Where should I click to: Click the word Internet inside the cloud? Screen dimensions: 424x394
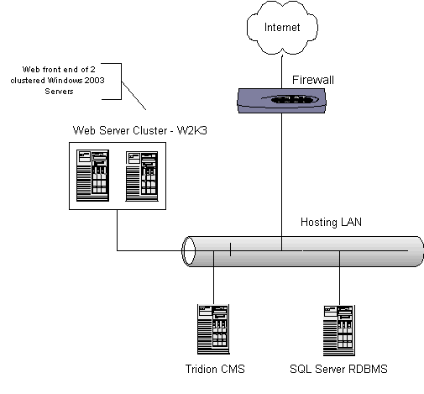pos(282,27)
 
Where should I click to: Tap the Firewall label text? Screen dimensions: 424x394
pos(313,80)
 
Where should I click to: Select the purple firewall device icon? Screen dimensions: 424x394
pos(281,101)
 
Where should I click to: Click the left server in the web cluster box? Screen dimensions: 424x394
pos(92,176)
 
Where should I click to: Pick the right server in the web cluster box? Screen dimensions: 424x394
pos(142,176)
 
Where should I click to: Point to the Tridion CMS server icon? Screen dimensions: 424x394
pos(213,329)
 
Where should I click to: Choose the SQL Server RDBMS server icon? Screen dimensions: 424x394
pos(339,330)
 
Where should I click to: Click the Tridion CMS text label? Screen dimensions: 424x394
pos(215,369)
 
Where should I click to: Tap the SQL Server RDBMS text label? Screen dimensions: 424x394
pos(338,369)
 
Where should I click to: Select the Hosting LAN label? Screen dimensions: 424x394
pos(331,222)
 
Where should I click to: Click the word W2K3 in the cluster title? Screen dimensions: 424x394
pos(192,130)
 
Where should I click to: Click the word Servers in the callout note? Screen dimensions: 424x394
pos(59,92)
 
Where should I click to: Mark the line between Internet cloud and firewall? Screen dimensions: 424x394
pos(282,71)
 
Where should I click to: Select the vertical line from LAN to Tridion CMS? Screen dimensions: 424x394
pos(213,277)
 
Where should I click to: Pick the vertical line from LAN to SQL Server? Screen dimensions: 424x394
pos(339,278)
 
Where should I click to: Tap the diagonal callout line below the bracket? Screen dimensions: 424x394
pos(133,96)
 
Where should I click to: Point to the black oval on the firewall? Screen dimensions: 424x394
pos(291,99)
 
